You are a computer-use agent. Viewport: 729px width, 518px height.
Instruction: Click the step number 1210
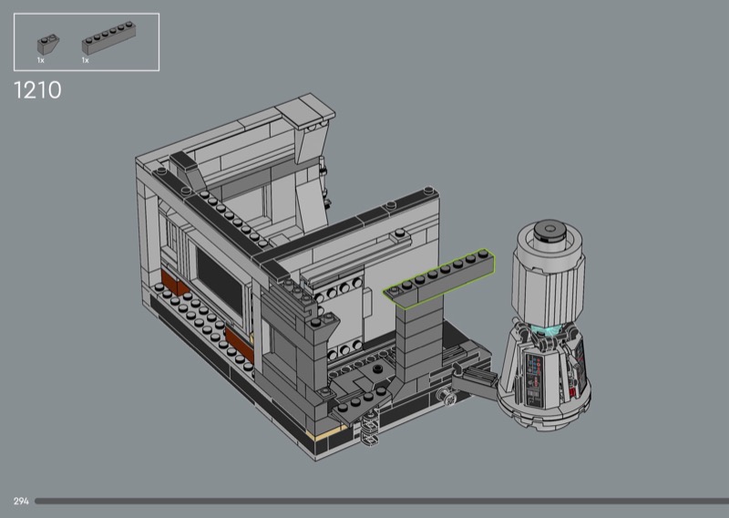[x=37, y=89]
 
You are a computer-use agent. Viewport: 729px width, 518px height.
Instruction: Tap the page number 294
[x=21, y=502]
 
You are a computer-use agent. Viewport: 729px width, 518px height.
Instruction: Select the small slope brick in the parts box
[x=48, y=44]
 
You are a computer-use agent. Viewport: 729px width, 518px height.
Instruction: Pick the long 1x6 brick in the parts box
[x=108, y=38]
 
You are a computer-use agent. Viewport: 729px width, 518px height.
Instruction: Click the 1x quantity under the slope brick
[x=41, y=60]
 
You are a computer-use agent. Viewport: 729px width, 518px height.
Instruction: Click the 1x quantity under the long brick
[x=85, y=60]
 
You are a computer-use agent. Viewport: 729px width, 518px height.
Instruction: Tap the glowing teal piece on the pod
[x=550, y=330]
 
